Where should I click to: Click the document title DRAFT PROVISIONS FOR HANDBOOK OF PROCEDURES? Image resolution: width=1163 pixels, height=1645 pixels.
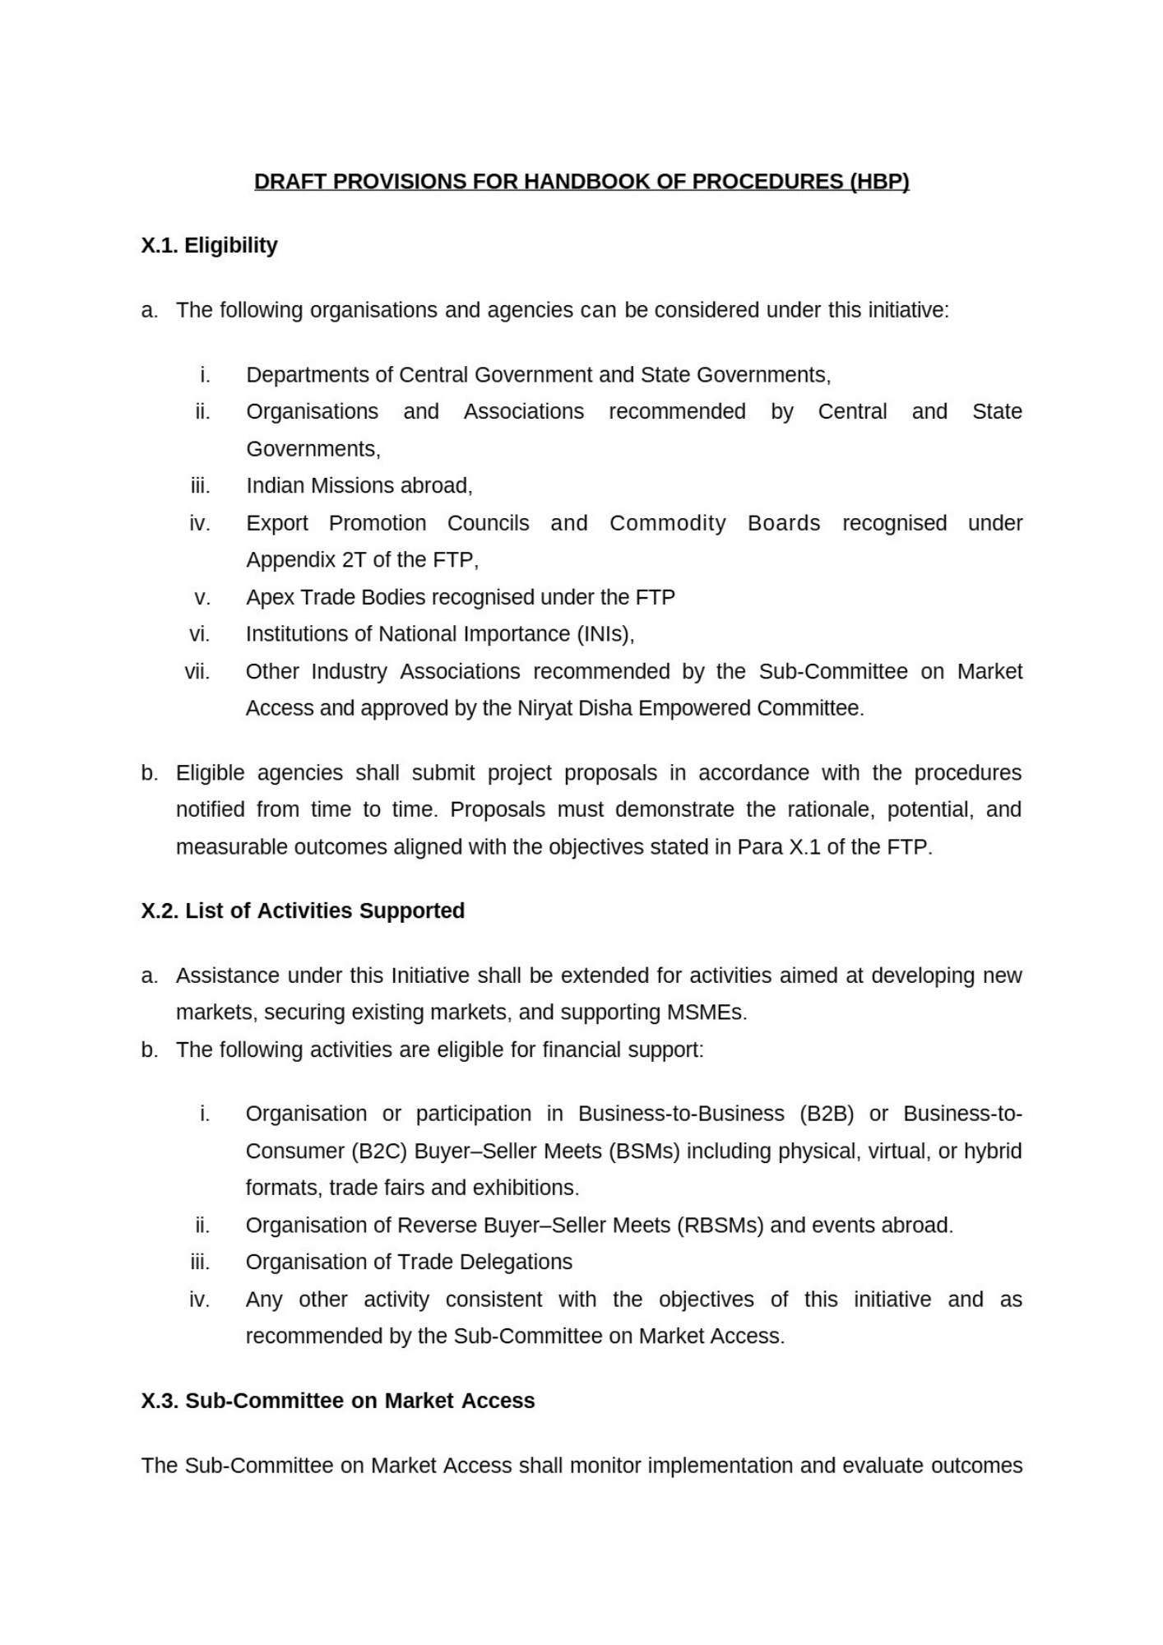coord(581,181)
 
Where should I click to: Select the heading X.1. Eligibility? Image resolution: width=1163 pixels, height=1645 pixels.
coord(209,245)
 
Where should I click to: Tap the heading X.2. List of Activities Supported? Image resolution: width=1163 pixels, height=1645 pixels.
coord(303,911)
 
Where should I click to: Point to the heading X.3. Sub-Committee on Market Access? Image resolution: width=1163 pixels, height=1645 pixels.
coord(337,1401)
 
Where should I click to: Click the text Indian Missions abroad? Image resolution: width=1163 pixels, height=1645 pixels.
coord(359,486)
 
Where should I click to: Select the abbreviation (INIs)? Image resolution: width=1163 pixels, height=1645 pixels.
coord(605,634)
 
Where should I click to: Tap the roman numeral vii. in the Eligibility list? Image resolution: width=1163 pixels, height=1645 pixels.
coord(197,671)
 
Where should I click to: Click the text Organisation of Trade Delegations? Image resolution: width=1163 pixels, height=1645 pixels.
coord(409,1262)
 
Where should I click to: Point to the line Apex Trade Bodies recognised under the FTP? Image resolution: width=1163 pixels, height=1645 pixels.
coord(460,597)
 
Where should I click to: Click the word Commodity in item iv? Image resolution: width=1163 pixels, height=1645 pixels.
coord(667,523)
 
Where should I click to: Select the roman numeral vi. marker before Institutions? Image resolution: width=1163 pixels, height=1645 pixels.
coord(199,634)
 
